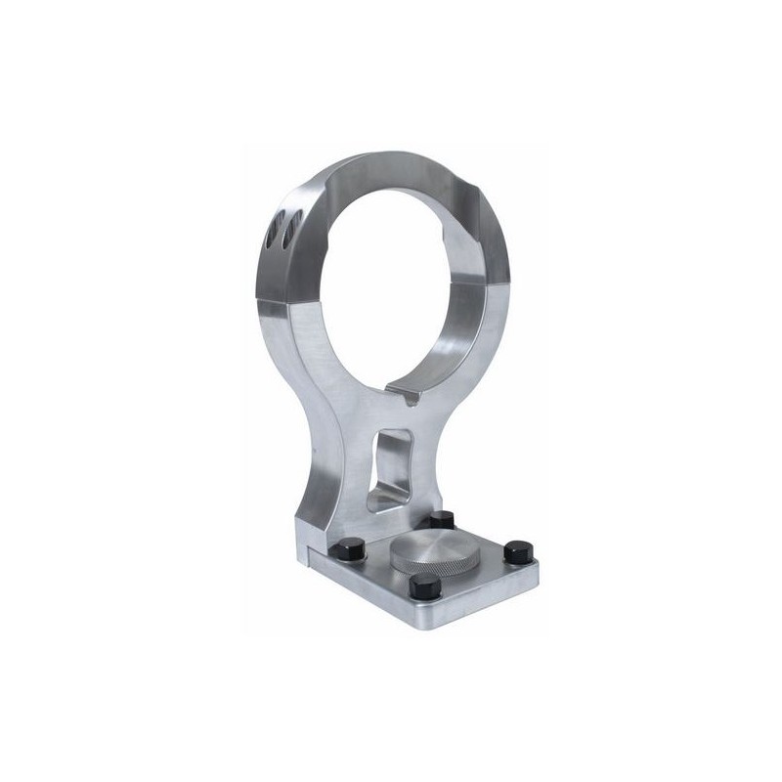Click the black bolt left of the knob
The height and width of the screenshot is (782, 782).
(x=349, y=549)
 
